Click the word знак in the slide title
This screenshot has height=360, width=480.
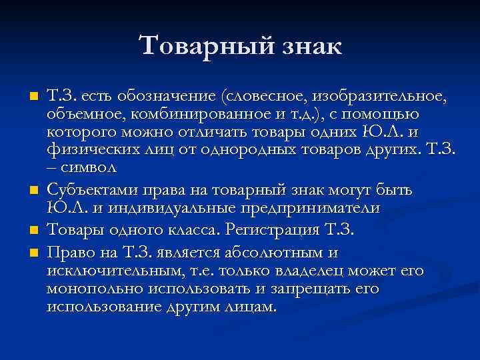[x=305, y=47]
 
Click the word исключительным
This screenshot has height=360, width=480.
[x=115, y=271]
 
